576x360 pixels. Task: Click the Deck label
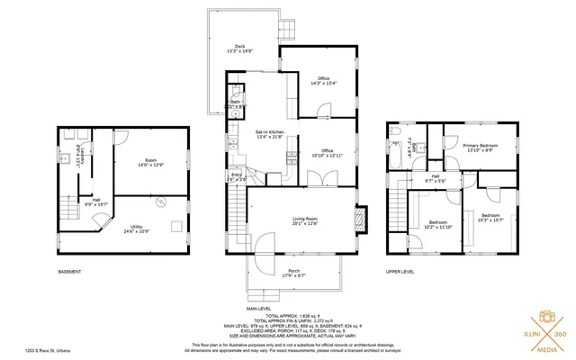click(x=240, y=49)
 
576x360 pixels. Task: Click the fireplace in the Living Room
click(x=362, y=220)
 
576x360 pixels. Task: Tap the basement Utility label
click(x=137, y=229)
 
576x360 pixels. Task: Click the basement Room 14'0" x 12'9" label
click(x=150, y=161)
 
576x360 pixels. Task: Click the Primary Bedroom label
click(x=482, y=147)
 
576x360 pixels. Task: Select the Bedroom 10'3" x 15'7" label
click(x=490, y=218)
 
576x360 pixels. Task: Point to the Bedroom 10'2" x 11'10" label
click(x=439, y=224)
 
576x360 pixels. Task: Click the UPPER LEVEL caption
click(x=400, y=271)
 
